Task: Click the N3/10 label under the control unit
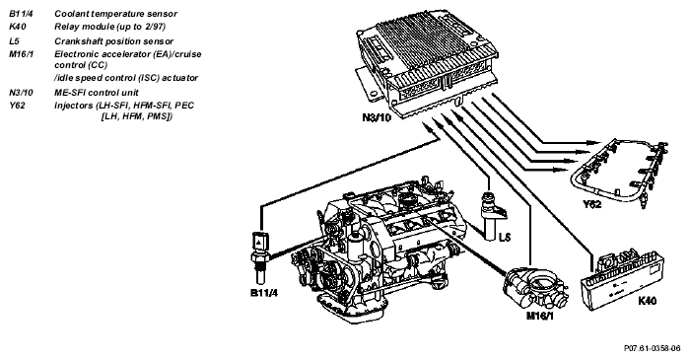click(x=377, y=118)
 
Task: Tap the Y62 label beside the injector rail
click(x=591, y=203)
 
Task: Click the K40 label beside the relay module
click(x=647, y=301)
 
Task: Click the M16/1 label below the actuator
click(x=539, y=316)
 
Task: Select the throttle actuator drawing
click(x=535, y=288)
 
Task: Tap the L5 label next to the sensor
click(x=505, y=238)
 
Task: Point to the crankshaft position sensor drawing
click(x=492, y=216)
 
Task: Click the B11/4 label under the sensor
click(x=264, y=292)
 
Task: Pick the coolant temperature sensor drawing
click(x=259, y=257)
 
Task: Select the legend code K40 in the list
click(x=18, y=27)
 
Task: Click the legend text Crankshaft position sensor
click(x=114, y=41)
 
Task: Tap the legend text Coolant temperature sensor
click(x=115, y=14)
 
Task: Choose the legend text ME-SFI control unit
click(x=97, y=93)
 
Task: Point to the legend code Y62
click(x=17, y=106)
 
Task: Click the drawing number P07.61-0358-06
click(x=653, y=348)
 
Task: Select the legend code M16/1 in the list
click(x=21, y=54)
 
